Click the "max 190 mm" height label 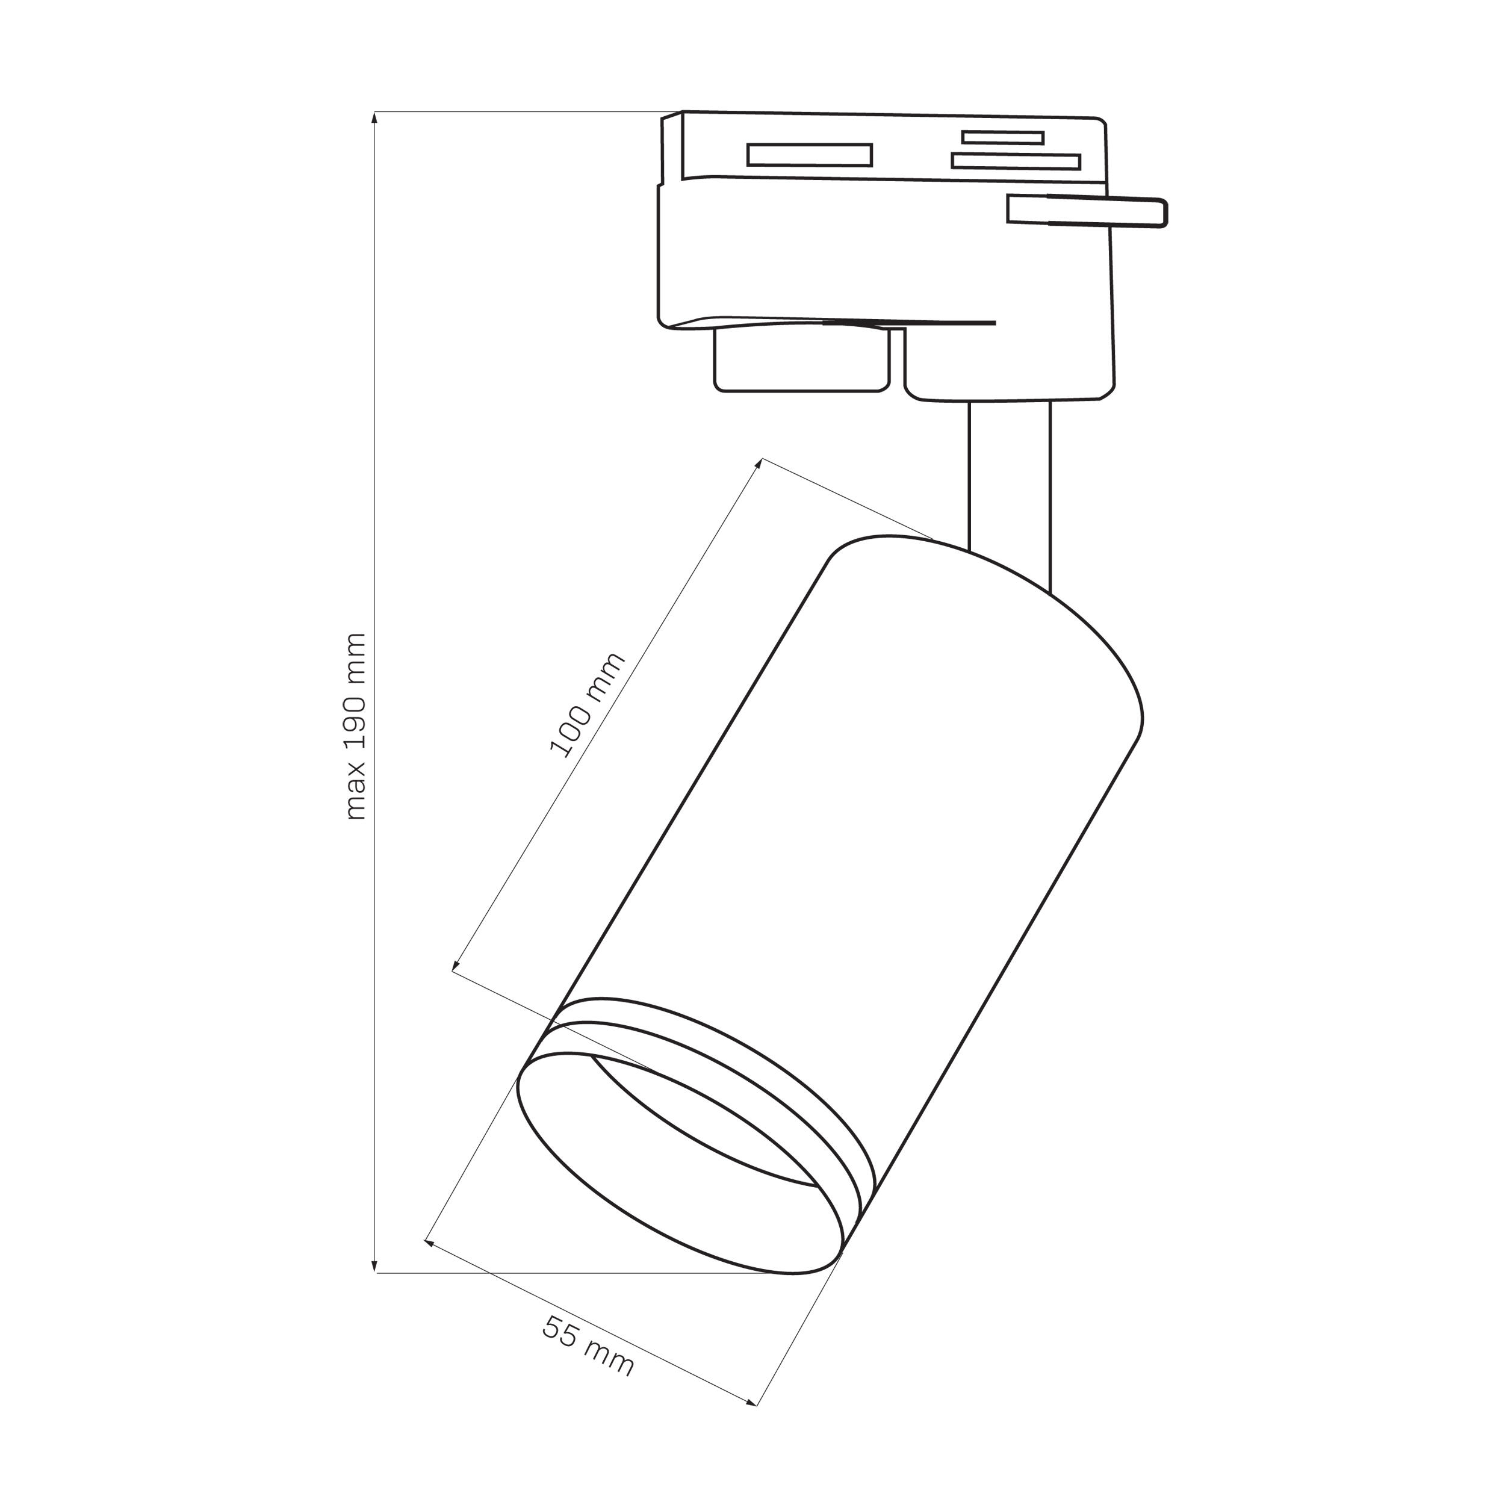[x=355, y=726]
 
